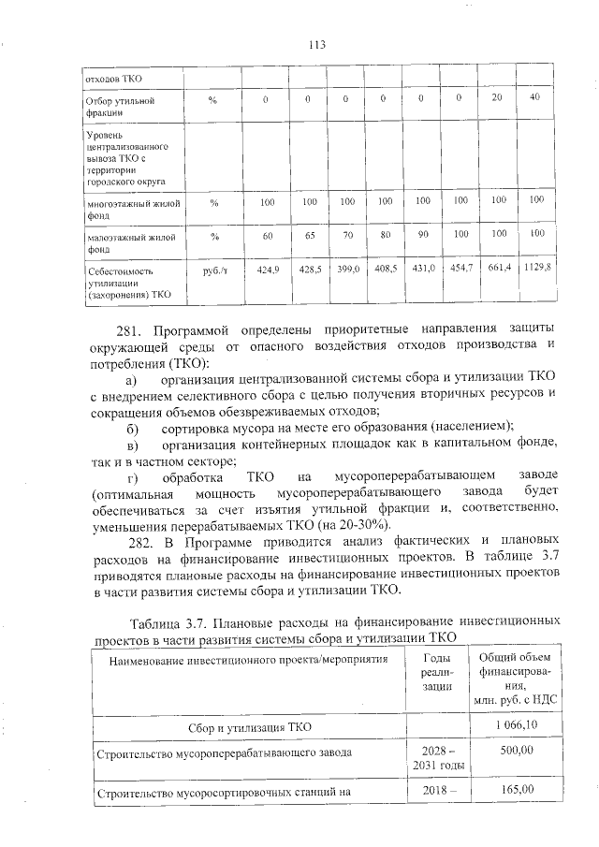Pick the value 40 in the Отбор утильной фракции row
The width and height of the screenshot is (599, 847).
pyautogui.click(x=535, y=98)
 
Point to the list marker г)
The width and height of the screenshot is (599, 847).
pyautogui.click(x=132, y=478)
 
